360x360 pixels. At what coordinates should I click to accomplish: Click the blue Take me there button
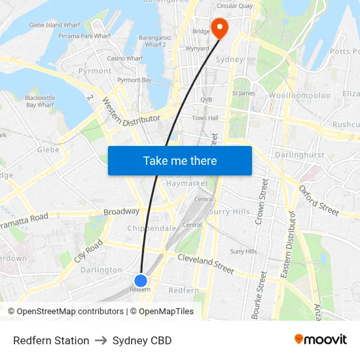180,160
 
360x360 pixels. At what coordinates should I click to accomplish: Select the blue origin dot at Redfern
140,280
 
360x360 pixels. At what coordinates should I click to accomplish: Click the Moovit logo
321,340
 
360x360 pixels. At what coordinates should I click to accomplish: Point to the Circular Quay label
234,6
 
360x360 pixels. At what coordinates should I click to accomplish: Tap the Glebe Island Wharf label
54,25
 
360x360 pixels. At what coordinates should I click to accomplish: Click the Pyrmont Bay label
134,80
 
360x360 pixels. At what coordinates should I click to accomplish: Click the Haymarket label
187,183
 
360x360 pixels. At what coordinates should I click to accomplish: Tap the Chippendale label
152,228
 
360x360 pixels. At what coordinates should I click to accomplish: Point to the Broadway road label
121,211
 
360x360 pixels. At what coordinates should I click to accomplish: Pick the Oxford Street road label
319,199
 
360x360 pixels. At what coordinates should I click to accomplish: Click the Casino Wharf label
125,58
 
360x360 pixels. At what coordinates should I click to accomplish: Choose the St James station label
243,93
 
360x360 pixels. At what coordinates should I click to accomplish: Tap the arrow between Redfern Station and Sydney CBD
101,340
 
